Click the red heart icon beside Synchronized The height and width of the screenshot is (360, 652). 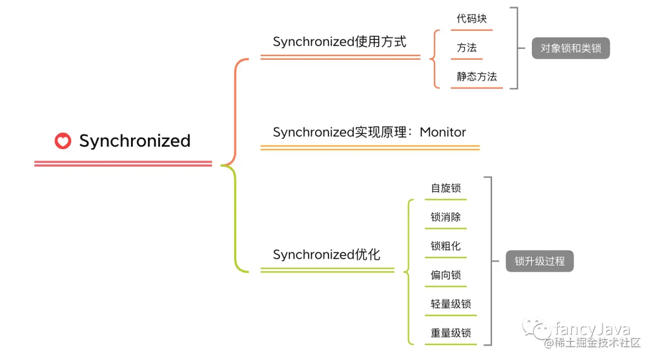pyautogui.click(x=63, y=141)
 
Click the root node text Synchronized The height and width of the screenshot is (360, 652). pyautogui.click(x=135, y=141)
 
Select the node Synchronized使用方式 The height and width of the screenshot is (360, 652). pyautogui.click(x=339, y=42)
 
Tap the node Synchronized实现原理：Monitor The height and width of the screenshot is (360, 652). pyautogui.click(x=369, y=132)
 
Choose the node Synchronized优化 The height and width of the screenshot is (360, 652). pyautogui.click(x=326, y=254)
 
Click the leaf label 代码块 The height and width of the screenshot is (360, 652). pyautogui.click(x=471, y=19)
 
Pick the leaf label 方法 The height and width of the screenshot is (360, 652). pyautogui.click(x=467, y=48)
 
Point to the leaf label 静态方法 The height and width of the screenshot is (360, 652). pyautogui.click(x=476, y=77)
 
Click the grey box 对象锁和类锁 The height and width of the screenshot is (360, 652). pyautogui.click(x=570, y=48)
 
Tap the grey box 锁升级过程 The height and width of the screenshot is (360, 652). pyautogui.click(x=539, y=262)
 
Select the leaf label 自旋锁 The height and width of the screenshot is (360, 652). pyautogui.click(x=446, y=188)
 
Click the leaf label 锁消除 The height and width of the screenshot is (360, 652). pyautogui.click(x=446, y=217)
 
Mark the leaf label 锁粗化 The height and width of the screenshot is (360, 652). pyautogui.click(x=446, y=246)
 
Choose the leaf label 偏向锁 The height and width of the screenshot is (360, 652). pyautogui.click(x=446, y=275)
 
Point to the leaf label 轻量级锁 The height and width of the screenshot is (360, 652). pyautogui.click(x=450, y=304)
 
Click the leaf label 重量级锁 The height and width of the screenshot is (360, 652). pyautogui.click(x=450, y=333)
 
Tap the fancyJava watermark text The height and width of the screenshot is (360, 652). pyautogui.click(x=592, y=329)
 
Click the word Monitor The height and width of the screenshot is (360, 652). pyautogui.click(x=443, y=132)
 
